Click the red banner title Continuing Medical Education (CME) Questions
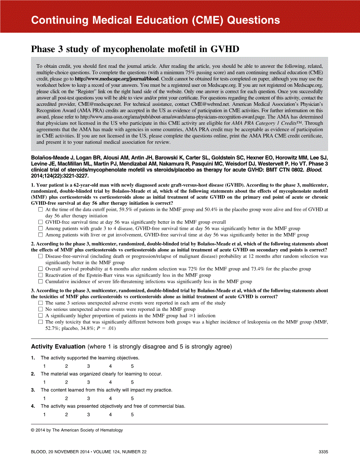pyautogui.click(x=156, y=20)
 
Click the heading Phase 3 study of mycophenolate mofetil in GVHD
pyautogui.click(x=135, y=49)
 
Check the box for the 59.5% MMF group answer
pyautogui.click(x=40, y=210)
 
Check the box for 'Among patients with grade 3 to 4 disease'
pyautogui.click(x=40, y=229)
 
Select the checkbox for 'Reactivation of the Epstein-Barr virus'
pyautogui.click(x=40, y=275)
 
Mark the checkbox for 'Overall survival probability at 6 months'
pyautogui.click(x=40, y=269)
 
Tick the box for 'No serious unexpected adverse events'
pyautogui.click(x=40, y=309)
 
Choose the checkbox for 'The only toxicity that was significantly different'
pyautogui.click(x=40, y=322)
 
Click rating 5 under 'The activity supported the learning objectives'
pyautogui.click(x=132, y=366)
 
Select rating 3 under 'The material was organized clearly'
pyautogui.click(x=88, y=382)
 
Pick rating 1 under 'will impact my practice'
pyautogui.click(x=44, y=398)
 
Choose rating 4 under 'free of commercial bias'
pyautogui.click(x=110, y=415)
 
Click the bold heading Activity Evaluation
pyautogui.click(x=57, y=347)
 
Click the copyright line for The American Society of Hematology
pyautogui.click(x=77, y=430)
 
